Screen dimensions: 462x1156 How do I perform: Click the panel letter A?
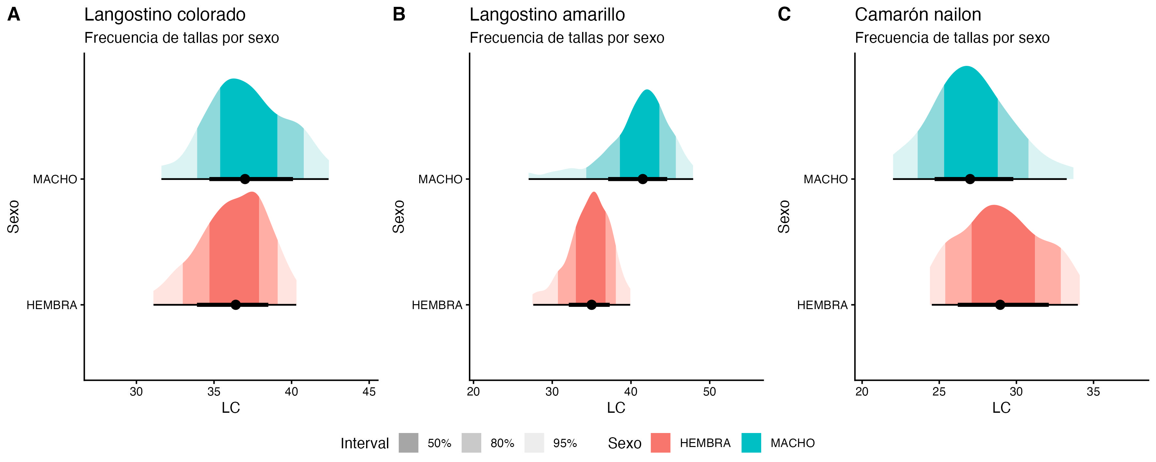[14, 15]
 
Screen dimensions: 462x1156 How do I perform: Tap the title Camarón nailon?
[918, 15]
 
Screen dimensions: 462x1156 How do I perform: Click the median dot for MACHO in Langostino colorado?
[245, 179]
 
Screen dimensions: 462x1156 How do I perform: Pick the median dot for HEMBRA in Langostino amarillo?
[592, 305]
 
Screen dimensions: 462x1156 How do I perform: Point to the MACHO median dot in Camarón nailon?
[970, 179]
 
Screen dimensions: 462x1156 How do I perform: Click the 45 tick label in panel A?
[369, 392]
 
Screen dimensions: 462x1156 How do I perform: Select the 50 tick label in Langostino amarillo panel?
[709, 392]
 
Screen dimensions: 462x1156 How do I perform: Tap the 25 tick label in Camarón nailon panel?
[939, 392]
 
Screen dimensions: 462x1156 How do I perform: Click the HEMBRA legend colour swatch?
[661, 443]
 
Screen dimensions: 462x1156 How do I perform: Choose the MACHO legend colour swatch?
[751, 443]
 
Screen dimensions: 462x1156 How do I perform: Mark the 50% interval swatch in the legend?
[408, 443]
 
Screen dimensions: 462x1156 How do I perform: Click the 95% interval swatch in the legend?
[534, 443]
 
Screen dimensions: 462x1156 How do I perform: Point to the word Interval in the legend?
[364, 443]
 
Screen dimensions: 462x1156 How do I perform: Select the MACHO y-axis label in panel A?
[55, 179]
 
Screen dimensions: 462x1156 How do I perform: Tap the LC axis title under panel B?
[616, 408]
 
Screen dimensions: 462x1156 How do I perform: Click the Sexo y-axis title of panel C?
[783, 216]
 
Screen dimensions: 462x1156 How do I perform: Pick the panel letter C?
[784, 15]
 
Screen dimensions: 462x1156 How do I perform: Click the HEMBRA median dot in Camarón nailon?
[1000, 305]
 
